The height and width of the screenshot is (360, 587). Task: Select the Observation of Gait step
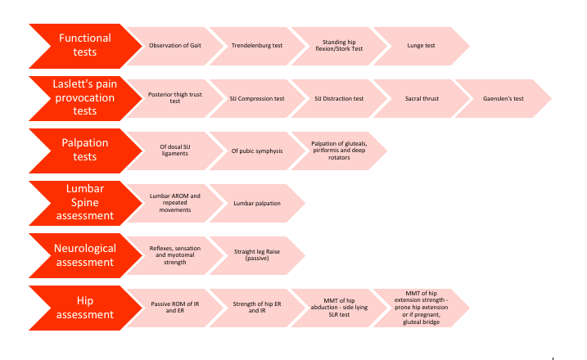[175, 46]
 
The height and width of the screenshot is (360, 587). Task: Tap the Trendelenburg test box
[257, 46]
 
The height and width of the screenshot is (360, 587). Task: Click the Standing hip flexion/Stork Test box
[339, 46]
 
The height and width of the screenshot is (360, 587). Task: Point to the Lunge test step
[421, 46]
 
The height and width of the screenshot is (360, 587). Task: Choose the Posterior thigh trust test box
[175, 98]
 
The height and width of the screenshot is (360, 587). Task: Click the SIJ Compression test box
[257, 98]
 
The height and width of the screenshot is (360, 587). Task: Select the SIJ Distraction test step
[339, 98]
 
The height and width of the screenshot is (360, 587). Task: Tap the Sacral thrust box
[421, 98]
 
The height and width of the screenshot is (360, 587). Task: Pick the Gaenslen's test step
[503, 98]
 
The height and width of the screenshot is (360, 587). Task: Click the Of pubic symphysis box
[257, 151]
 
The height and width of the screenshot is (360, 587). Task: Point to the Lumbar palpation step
[257, 203]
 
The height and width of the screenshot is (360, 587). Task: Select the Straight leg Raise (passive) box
[257, 255]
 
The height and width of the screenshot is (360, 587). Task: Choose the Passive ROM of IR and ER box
[175, 308]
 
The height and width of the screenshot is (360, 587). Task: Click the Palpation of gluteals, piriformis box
[339, 151]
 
